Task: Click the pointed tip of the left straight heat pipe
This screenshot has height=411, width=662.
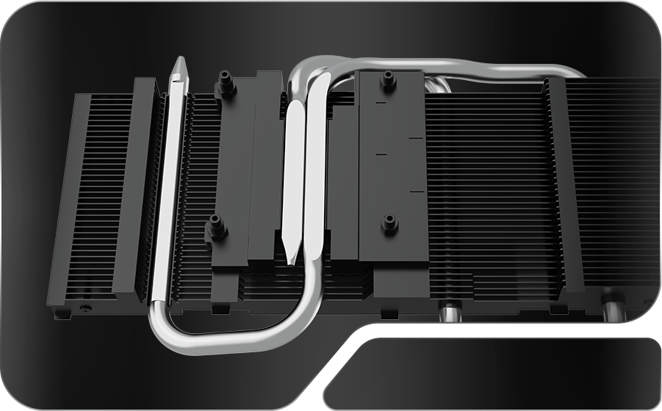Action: coord(179,65)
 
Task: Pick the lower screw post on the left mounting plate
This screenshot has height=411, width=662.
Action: coord(216,228)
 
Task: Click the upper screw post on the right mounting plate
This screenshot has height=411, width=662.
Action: coord(388,81)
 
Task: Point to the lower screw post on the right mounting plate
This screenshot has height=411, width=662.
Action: coord(389,223)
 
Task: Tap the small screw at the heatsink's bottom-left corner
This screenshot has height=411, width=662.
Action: coord(87,307)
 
